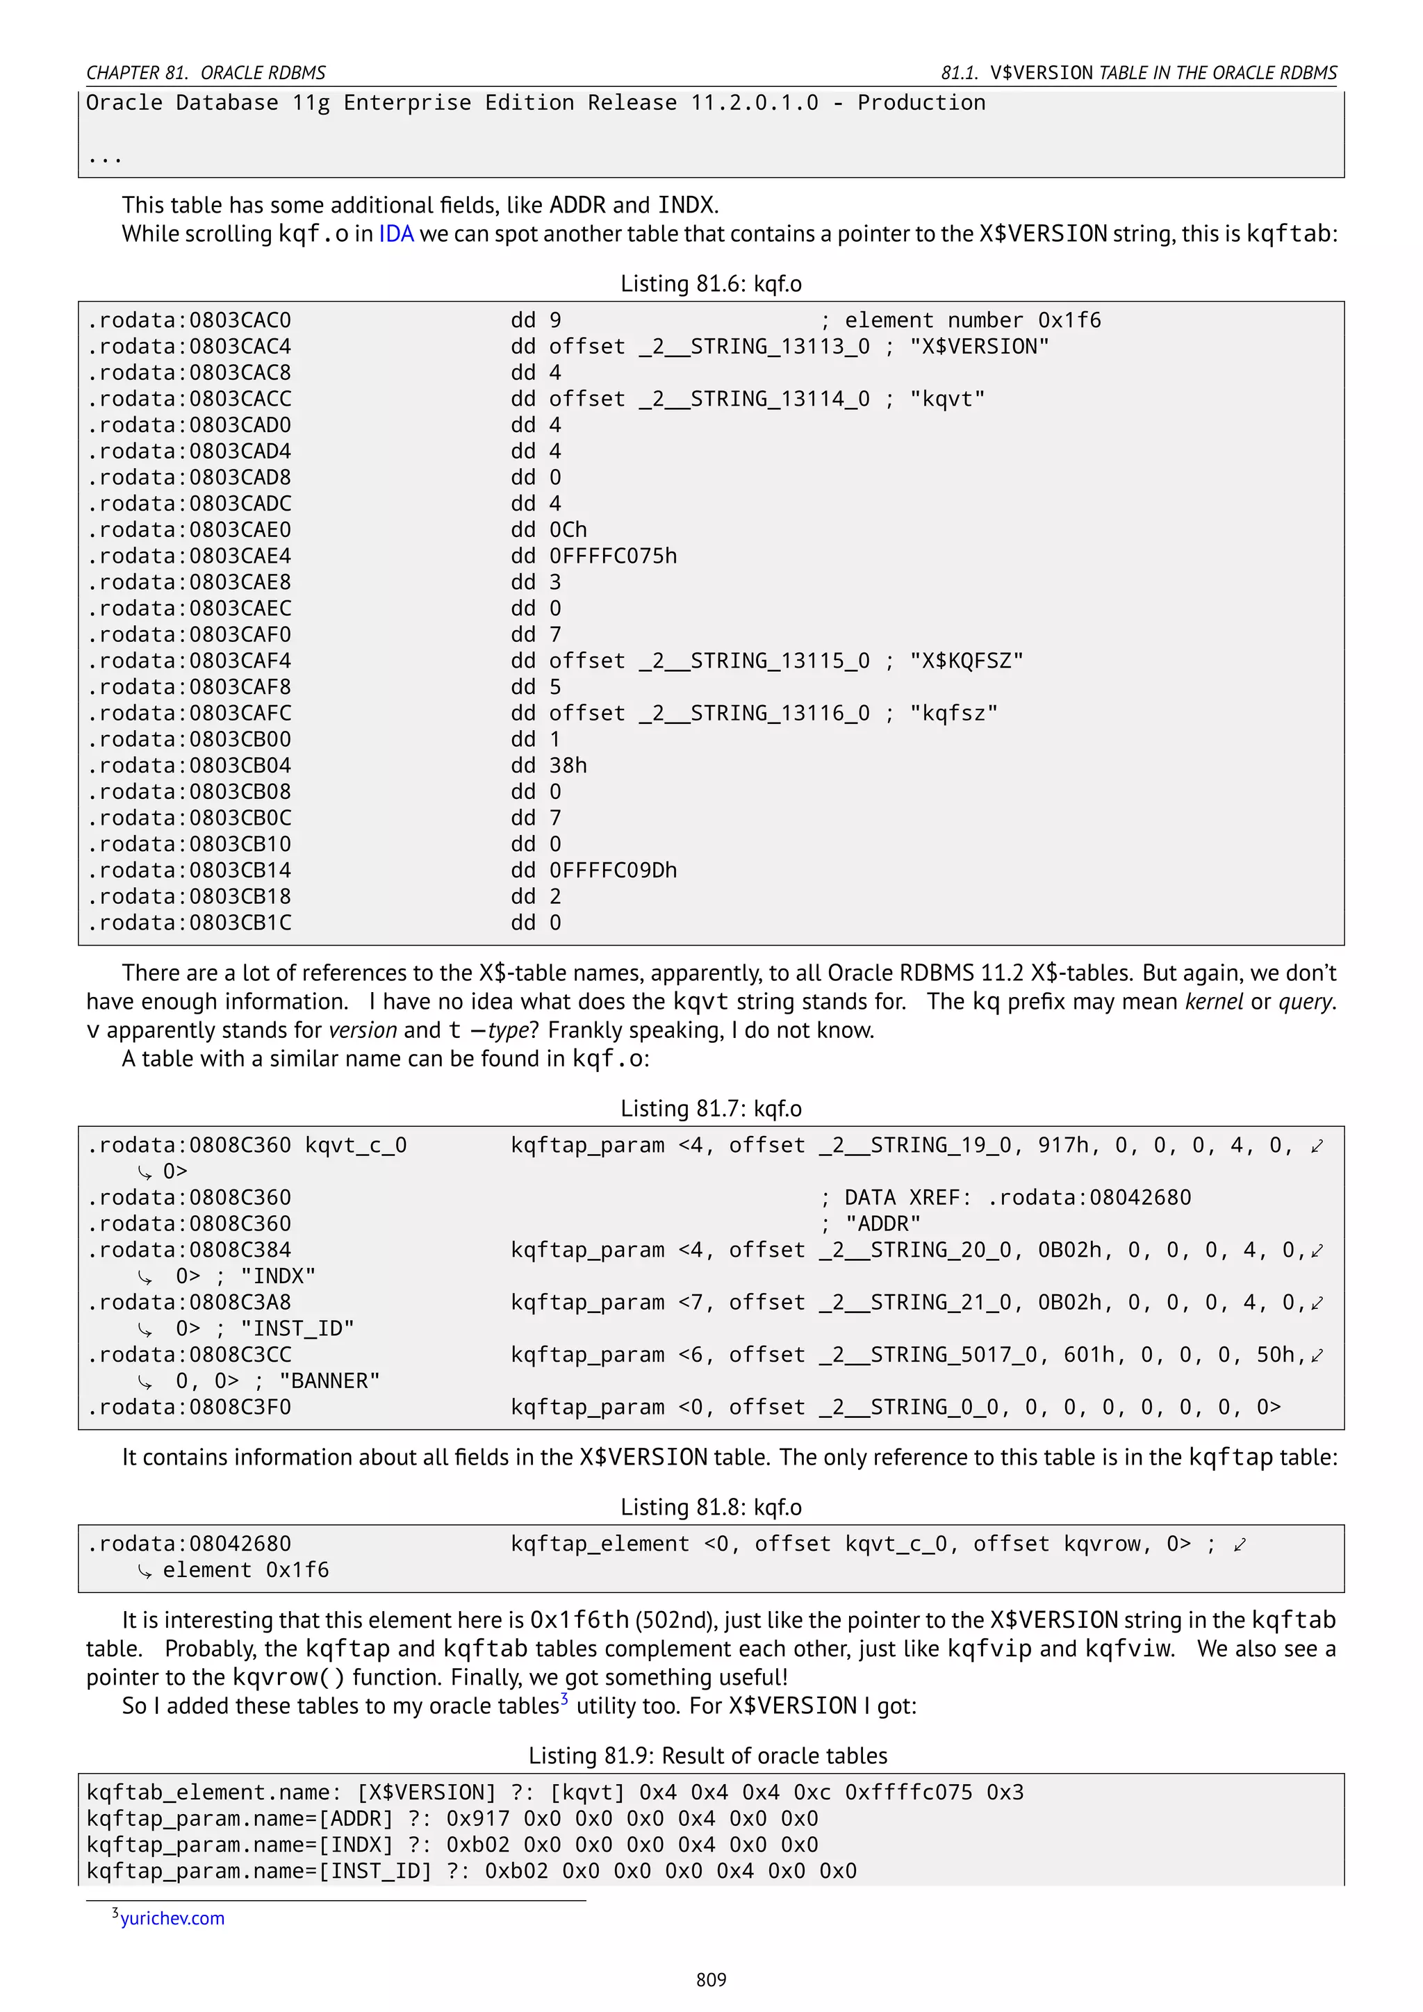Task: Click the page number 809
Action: pyautogui.click(x=711, y=1979)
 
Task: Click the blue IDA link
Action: pyautogui.click(x=395, y=234)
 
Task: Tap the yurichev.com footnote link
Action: pyautogui.click(x=172, y=1918)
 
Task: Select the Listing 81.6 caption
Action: pyautogui.click(x=711, y=284)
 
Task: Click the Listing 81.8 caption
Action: pyautogui.click(x=711, y=1506)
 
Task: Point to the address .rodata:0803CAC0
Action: pyautogui.click(x=188, y=321)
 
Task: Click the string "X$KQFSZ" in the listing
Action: pyautogui.click(x=966, y=661)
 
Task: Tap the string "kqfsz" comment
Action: pyautogui.click(x=953, y=714)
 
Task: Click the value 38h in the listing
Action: pyautogui.click(x=568, y=766)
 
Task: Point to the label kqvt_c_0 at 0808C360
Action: pyautogui.click(x=356, y=1146)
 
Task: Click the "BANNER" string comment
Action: pyautogui.click(x=329, y=1381)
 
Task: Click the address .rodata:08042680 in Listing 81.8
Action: pyautogui.click(x=188, y=1544)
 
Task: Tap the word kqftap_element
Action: pyautogui.click(x=600, y=1544)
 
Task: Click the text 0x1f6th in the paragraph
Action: pyautogui.click(x=579, y=1619)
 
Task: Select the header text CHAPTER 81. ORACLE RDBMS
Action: pyautogui.click(x=206, y=73)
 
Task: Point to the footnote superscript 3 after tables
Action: pyautogui.click(x=564, y=1698)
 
